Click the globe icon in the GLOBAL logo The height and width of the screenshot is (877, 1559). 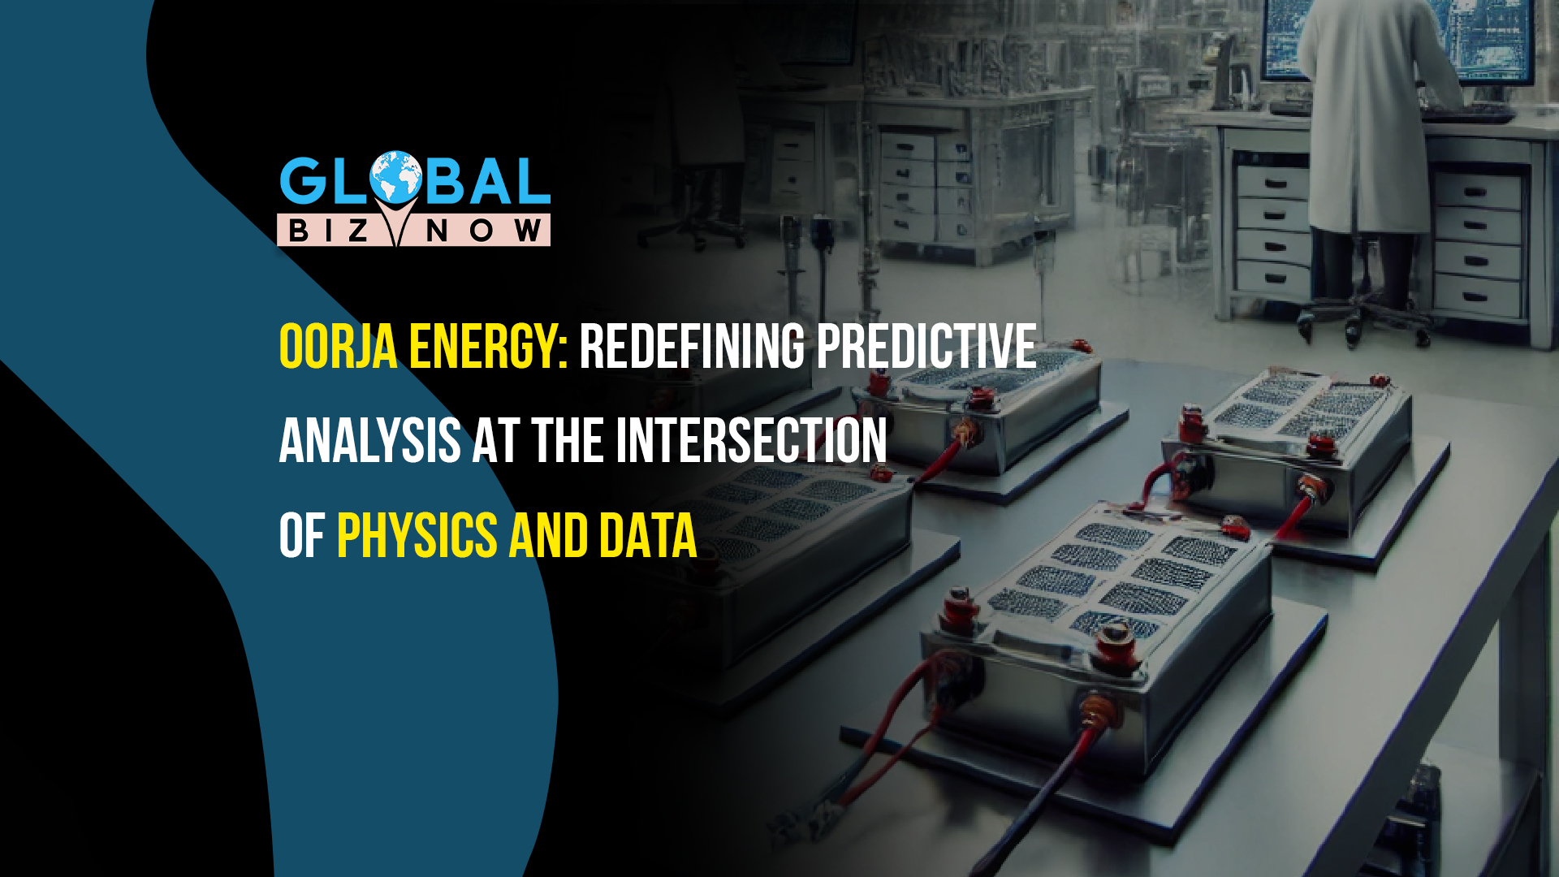(396, 176)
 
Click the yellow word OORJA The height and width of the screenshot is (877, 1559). (339, 347)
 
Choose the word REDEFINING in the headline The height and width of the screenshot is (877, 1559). (693, 347)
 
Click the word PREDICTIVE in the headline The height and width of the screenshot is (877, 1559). (926, 347)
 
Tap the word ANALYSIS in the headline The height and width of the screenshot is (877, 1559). (370, 441)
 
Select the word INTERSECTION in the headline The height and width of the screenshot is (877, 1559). (751, 441)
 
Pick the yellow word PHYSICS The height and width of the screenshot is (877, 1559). (417, 536)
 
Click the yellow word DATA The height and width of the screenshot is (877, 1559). (648, 536)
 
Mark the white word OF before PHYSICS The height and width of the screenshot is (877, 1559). (302, 536)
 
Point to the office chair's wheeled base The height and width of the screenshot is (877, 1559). (1364, 317)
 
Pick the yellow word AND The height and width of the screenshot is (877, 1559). (548, 536)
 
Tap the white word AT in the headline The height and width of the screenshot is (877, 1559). (496, 441)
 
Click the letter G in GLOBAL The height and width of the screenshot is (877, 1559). (303, 180)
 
